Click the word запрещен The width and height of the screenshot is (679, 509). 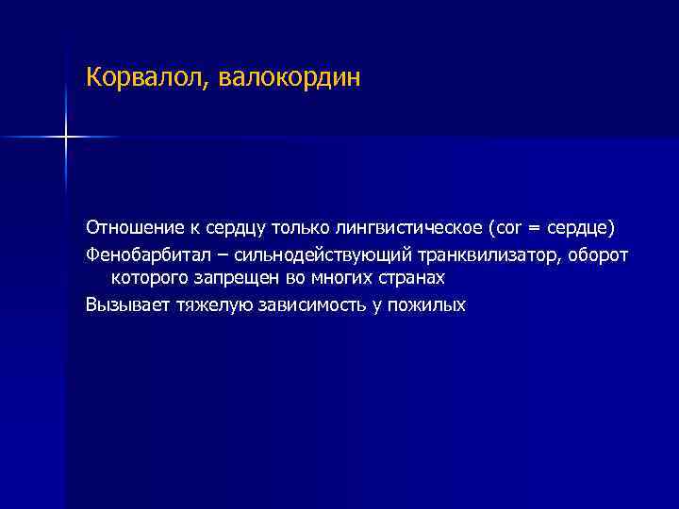228,280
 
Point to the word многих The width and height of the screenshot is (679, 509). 336,280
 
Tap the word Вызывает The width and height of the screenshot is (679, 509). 122,305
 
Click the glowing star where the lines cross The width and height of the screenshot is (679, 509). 66,138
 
